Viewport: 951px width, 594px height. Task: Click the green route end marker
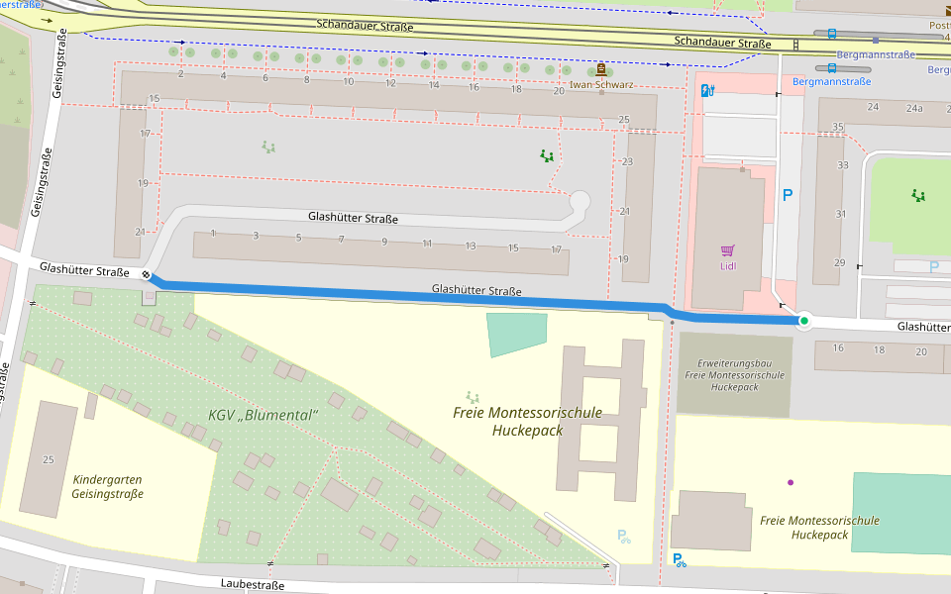coord(804,321)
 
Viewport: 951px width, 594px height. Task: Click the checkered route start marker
coord(147,276)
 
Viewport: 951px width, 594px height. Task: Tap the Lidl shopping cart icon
coord(728,250)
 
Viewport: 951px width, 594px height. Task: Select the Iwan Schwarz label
coord(601,85)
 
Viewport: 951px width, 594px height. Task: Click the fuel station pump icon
coord(707,91)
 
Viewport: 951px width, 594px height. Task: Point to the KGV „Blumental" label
coord(263,414)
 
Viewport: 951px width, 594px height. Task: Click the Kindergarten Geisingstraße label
coord(108,486)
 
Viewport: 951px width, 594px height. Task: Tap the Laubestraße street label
coord(253,585)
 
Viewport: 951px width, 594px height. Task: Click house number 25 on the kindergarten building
coord(48,459)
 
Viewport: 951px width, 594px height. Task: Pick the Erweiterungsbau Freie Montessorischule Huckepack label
coord(734,375)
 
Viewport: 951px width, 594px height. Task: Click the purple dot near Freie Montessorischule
coord(791,482)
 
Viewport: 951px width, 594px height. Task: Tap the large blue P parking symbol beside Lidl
coord(788,196)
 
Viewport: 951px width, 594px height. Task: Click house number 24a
coord(916,107)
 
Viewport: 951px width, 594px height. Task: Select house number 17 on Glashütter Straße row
coord(556,248)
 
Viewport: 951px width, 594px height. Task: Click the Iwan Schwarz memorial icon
coord(601,69)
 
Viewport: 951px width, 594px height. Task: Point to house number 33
coord(843,165)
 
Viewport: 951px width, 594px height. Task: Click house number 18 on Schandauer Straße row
coord(516,89)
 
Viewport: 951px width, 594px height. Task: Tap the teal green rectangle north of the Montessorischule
coord(517,333)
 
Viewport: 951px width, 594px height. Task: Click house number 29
coord(839,262)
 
